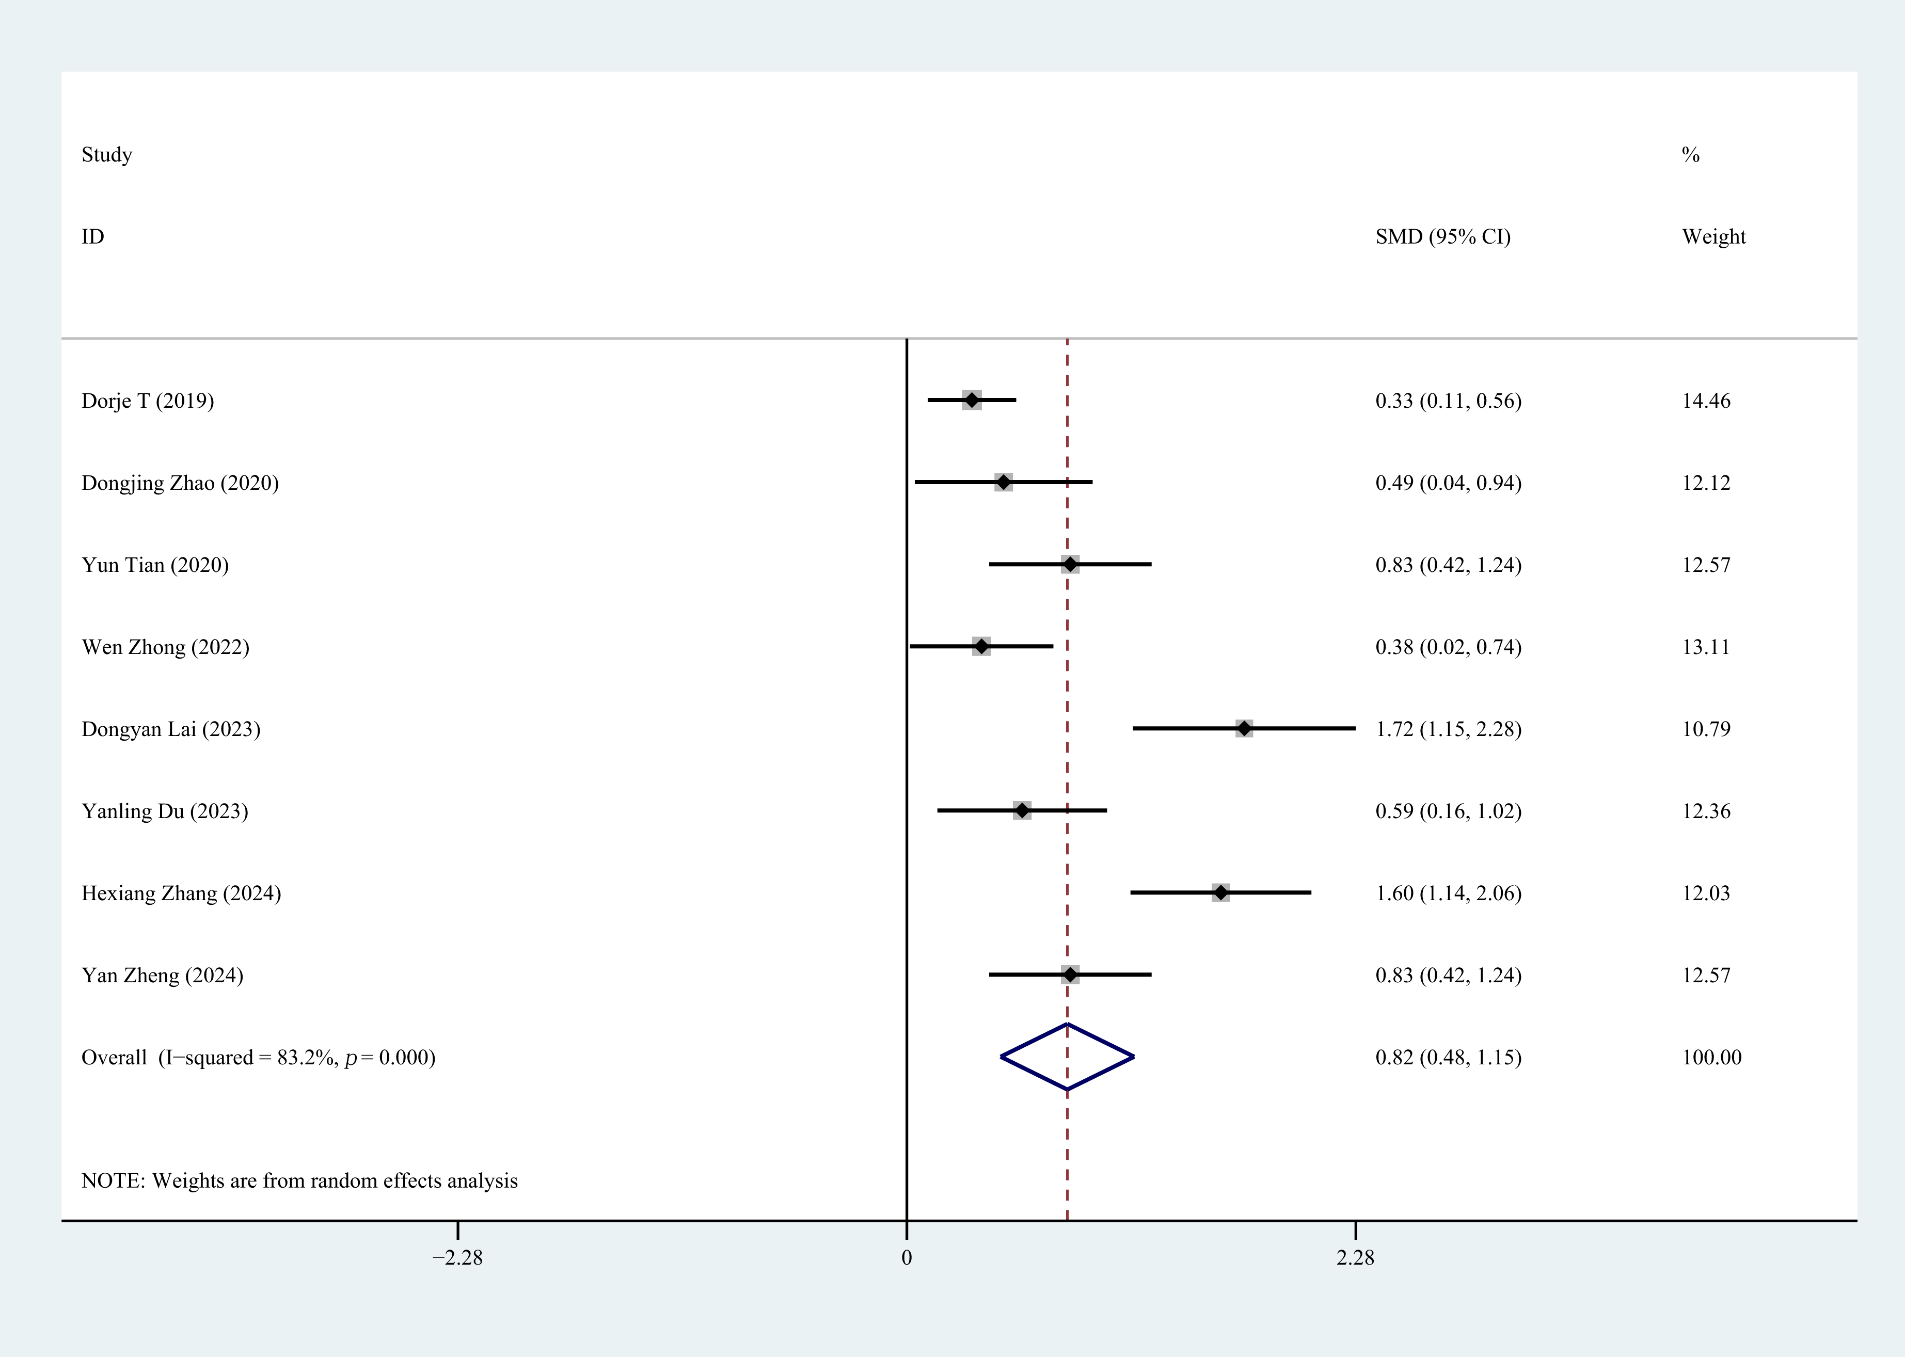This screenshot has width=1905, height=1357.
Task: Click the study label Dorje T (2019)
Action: click(x=148, y=401)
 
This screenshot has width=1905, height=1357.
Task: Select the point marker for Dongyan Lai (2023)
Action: click(x=1244, y=729)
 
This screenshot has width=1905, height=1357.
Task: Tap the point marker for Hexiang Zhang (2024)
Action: click(x=1221, y=893)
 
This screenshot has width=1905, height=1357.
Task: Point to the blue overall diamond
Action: click(x=1067, y=1057)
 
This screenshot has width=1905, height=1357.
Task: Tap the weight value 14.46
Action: click(x=1706, y=401)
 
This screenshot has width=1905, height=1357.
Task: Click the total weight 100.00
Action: click(x=1712, y=1058)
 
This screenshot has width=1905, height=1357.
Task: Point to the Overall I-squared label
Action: click(x=258, y=1058)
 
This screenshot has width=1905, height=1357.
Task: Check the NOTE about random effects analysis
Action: click(x=299, y=1180)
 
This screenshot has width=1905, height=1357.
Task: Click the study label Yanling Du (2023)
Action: click(x=165, y=811)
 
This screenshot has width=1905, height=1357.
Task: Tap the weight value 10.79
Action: click(x=1706, y=729)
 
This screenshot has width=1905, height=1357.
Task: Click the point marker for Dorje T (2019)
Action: click(x=972, y=400)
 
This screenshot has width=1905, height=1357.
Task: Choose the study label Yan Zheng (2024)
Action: click(x=162, y=976)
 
